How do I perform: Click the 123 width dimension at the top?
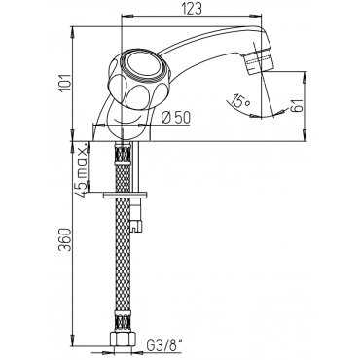coord(191,9)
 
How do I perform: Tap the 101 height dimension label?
coord(65,84)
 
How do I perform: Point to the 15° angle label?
coord(240,101)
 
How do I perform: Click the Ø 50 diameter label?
coord(176,118)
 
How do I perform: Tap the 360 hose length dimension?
coord(65,239)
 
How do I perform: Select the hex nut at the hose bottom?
coord(123,339)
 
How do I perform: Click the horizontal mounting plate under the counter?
coord(125,195)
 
